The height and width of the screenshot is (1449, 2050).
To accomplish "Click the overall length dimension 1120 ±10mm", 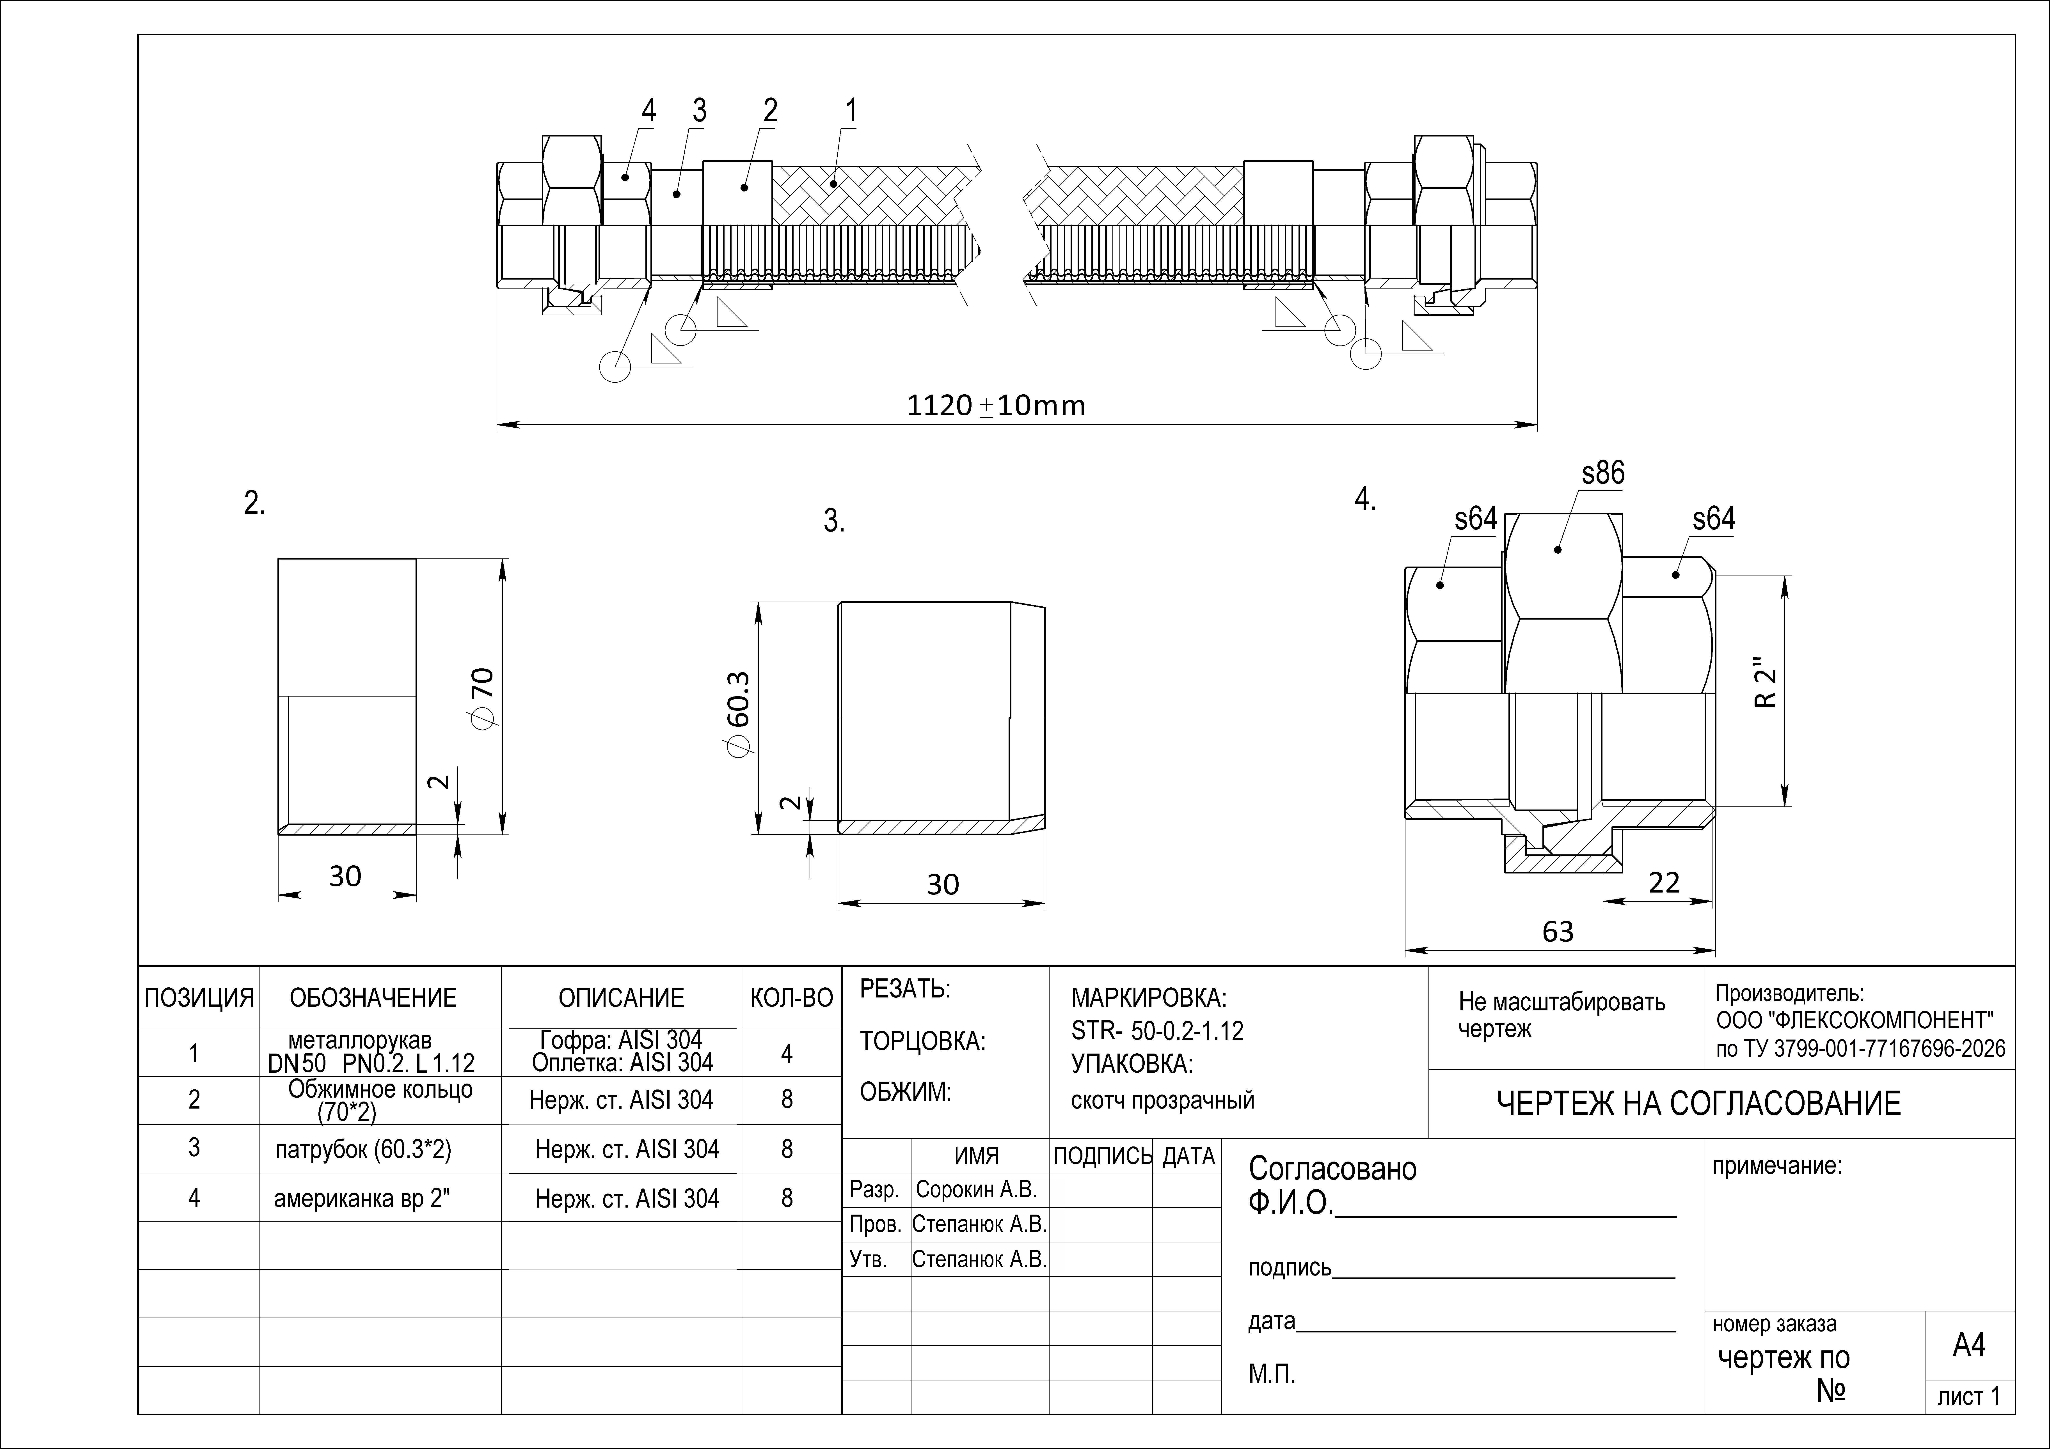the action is [996, 405].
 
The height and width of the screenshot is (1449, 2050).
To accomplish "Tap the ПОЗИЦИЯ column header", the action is [199, 997].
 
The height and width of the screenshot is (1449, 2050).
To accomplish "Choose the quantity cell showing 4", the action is [787, 1054].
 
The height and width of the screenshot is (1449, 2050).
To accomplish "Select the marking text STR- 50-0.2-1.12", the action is [1157, 1031].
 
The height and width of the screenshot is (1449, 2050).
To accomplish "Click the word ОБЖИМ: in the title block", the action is [905, 1092].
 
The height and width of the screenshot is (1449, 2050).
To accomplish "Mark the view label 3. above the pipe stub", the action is [834, 521].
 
